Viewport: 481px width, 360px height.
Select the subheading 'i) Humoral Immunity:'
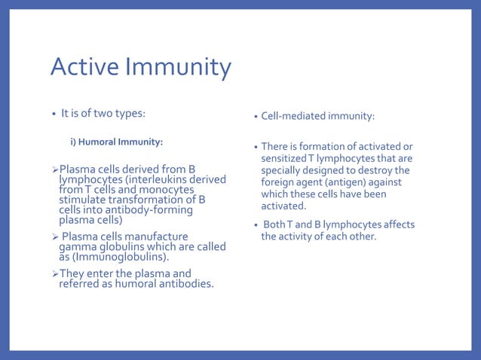[x=117, y=141]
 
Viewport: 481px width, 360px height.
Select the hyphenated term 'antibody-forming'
[x=150, y=210]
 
